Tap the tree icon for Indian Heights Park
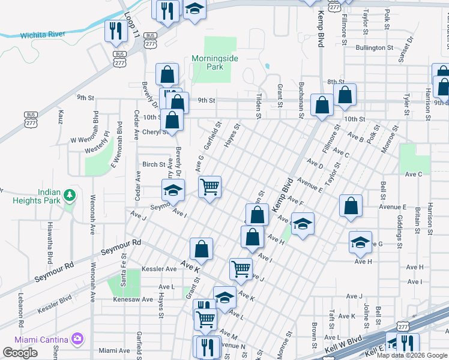(70, 195)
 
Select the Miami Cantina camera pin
(77, 339)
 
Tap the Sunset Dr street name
(411, 50)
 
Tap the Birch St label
(154, 164)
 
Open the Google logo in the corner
(20, 353)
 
